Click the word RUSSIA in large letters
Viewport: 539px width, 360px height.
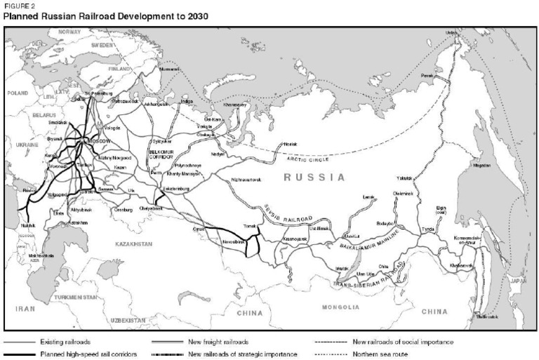314,178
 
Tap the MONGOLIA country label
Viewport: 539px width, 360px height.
340,307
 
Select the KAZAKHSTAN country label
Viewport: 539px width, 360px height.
133,244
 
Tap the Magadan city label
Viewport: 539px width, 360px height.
483,166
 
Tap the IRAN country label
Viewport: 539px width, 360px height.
25,307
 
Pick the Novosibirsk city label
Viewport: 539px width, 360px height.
235,241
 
